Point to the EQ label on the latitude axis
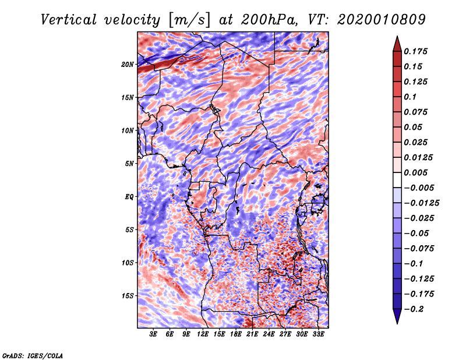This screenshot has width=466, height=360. tap(129, 197)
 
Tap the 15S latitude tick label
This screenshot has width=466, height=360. tap(128, 296)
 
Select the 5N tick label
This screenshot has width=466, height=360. tap(129, 164)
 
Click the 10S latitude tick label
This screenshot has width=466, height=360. tap(128, 263)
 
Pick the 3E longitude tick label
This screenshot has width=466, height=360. tap(154, 335)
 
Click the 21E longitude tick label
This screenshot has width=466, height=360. tap(253, 335)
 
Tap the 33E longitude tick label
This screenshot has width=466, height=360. tap(319, 335)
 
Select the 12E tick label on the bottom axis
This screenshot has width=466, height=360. tap(203, 335)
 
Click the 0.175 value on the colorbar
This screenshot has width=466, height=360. tap(418, 51)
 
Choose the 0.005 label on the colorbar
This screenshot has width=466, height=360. tap(418, 172)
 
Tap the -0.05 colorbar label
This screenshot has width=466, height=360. tap(418, 233)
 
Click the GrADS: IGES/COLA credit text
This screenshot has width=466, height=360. tap(32, 355)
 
